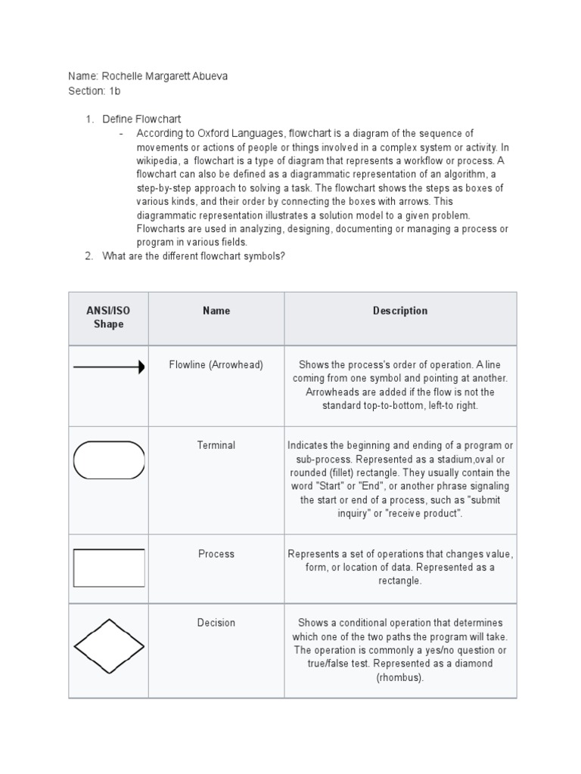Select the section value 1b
click(x=114, y=91)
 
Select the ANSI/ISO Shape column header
click(x=108, y=317)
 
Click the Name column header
click(x=216, y=311)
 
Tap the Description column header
click(x=400, y=311)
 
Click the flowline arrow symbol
click(x=108, y=367)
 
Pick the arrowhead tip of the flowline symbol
click(x=141, y=367)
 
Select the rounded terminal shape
click(x=108, y=460)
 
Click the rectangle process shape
click(x=108, y=568)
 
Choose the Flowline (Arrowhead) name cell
click(x=216, y=365)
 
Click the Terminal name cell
click(x=216, y=446)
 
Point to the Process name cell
click(x=216, y=554)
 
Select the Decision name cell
click(x=216, y=623)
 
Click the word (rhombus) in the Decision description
click(x=400, y=677)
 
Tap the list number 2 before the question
click(x=89, y=256)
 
